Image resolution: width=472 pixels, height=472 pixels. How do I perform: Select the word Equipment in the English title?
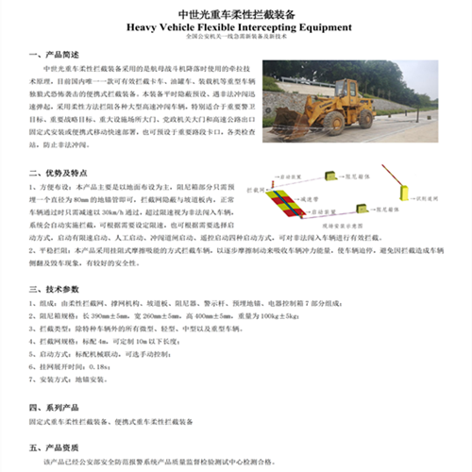[327, 27]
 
